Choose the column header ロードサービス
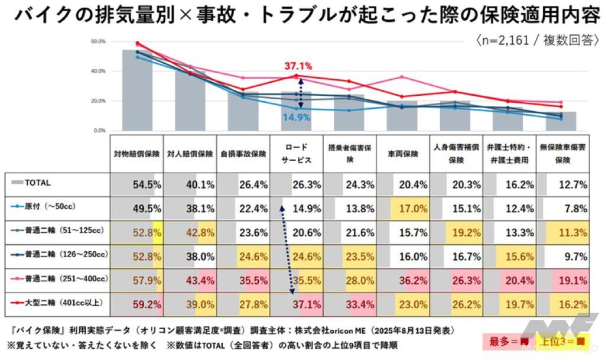pyautogui.click(x=296, y=154)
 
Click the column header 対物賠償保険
pyautogui.click(x=136, y=154)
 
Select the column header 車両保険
pyautogui.click(x=402, y=154)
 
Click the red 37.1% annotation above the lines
pyautogui.click(x=298, y=66)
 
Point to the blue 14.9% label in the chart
pyautogui.click(x=297, y=116)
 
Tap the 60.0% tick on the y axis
pyautogui.click(x=98, y=42)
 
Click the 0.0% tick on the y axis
pyautogui.click(x=99, y=130)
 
